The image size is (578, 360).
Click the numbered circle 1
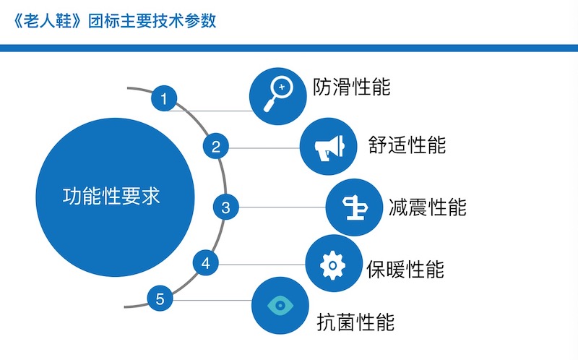(165, 98)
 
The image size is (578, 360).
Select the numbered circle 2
(215, 147)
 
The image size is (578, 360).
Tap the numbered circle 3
(226, 208)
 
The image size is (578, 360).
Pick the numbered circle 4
(206, 263)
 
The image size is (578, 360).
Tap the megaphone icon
(327, 147)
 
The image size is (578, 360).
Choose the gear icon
(333, 265)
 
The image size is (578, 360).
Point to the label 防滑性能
(352, 87)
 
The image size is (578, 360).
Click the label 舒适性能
(407, 144)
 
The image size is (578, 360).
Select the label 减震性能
(428, 207)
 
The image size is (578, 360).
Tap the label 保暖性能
(405, 269)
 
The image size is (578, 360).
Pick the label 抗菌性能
(356, 322)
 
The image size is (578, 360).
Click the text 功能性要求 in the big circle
(111, 196)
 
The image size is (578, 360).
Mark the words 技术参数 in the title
(189, 20)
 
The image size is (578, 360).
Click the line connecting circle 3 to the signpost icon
(282, 208)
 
